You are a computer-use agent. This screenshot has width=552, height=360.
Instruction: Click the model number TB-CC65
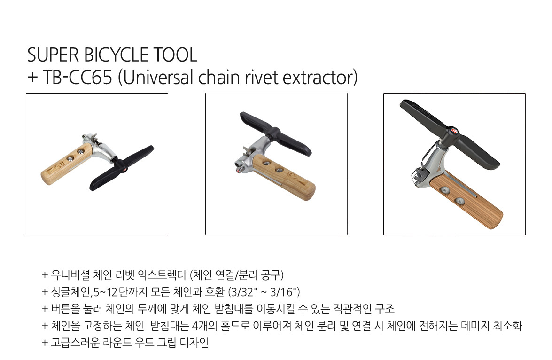click(x=77, y=78)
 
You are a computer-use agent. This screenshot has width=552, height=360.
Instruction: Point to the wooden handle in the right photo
click(x=466, y=199)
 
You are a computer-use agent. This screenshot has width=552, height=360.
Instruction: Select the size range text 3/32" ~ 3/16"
click(x=264, y=292)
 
